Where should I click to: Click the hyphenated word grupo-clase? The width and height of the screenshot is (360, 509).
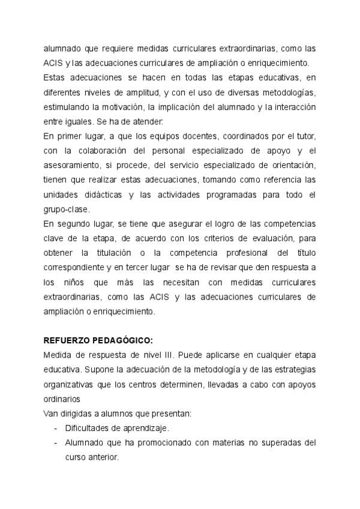click(67, 209)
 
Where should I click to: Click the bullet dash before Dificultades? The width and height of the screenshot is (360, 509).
click(55, 428)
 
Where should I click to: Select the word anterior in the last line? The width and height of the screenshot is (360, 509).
click(103, 457)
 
